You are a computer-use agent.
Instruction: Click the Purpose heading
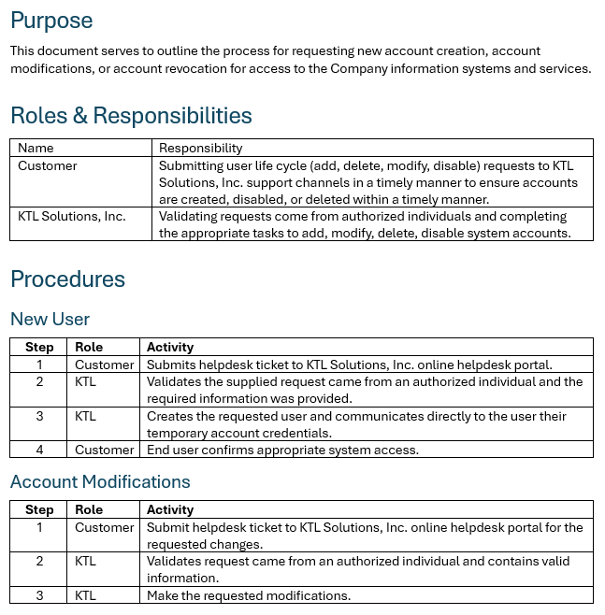51,21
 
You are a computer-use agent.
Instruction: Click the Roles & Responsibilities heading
131,116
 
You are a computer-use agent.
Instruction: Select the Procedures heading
67,279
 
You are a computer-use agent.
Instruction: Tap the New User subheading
50,320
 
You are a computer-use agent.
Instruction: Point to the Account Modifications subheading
100,482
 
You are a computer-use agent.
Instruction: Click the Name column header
36,148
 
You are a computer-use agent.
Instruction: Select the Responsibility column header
200,148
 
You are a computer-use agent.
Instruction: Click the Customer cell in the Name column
48,165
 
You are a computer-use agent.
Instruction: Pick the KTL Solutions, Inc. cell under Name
72,216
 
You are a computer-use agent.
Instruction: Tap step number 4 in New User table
39,450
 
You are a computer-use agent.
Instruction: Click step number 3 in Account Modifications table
39,595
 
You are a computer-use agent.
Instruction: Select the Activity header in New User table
170,347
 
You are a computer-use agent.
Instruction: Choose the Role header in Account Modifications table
89,509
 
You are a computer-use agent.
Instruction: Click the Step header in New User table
39,347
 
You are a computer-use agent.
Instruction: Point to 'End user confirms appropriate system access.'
282,450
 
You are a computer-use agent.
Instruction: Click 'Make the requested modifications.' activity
248,595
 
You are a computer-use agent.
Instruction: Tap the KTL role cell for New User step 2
86,381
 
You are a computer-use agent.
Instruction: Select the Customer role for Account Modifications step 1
105,527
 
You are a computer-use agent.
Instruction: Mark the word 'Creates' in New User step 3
170,416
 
